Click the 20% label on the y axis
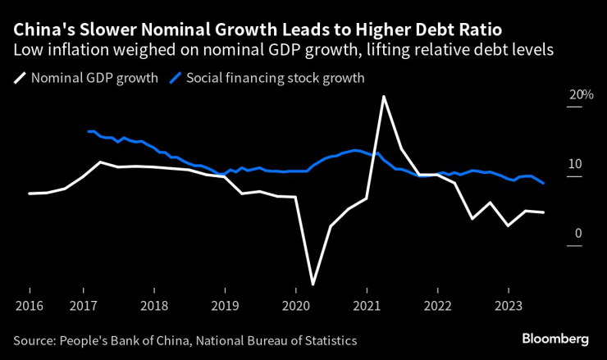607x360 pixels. pyautogui.click(x=581, y=95)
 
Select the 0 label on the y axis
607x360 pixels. pyautogui.click(x=577, y=234)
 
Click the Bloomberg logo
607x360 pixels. pyautogui.click(x=555, y=339)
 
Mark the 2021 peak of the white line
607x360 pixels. pyautogui.click(x=383, y=97)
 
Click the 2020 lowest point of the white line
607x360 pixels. pyautogui.click(x=313, y=285)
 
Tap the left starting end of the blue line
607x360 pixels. pyautogui.click(x=88, y=131)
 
